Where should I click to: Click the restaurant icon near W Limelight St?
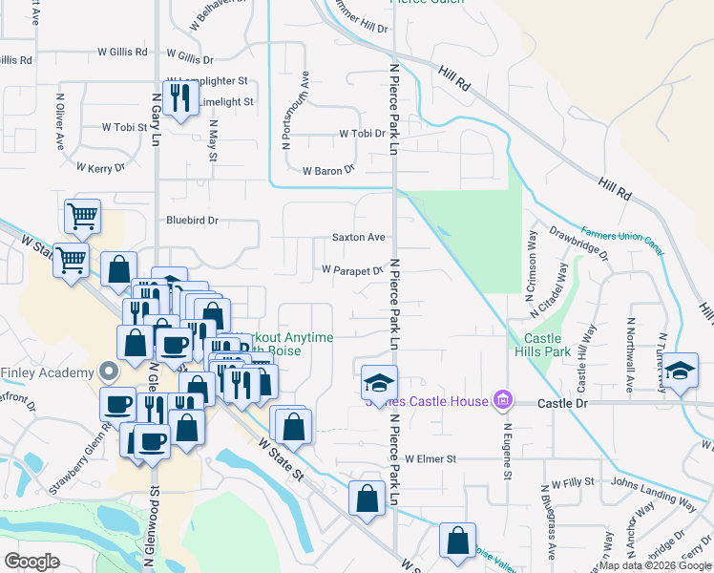coord(178,96)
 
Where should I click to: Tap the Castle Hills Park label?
coord(542,346)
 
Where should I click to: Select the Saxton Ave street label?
coord(358,237)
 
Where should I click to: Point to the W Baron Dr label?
coord(327,171)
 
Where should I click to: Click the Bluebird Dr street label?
coord(192,220)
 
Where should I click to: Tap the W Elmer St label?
coord(432,459)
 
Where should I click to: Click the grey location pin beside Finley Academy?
coord(109,371)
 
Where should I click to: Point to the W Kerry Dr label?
coord(106,168)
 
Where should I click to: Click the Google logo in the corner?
coord(31,561)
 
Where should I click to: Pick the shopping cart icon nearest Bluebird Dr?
coord(83,217)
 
